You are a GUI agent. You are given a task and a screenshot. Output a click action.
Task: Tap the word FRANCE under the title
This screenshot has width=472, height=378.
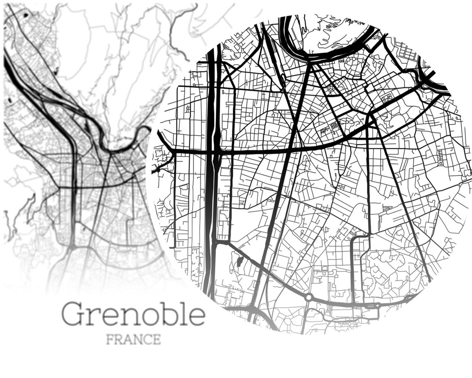coord(133,339)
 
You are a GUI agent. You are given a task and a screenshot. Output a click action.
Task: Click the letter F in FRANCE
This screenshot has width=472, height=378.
coord(110,339)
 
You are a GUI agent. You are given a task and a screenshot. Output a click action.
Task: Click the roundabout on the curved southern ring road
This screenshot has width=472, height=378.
coord(308,297)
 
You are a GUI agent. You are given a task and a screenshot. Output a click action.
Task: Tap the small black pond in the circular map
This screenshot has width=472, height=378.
coord(240,262)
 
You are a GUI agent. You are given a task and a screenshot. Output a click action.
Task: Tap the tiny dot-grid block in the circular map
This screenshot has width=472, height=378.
coord(335,125)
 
